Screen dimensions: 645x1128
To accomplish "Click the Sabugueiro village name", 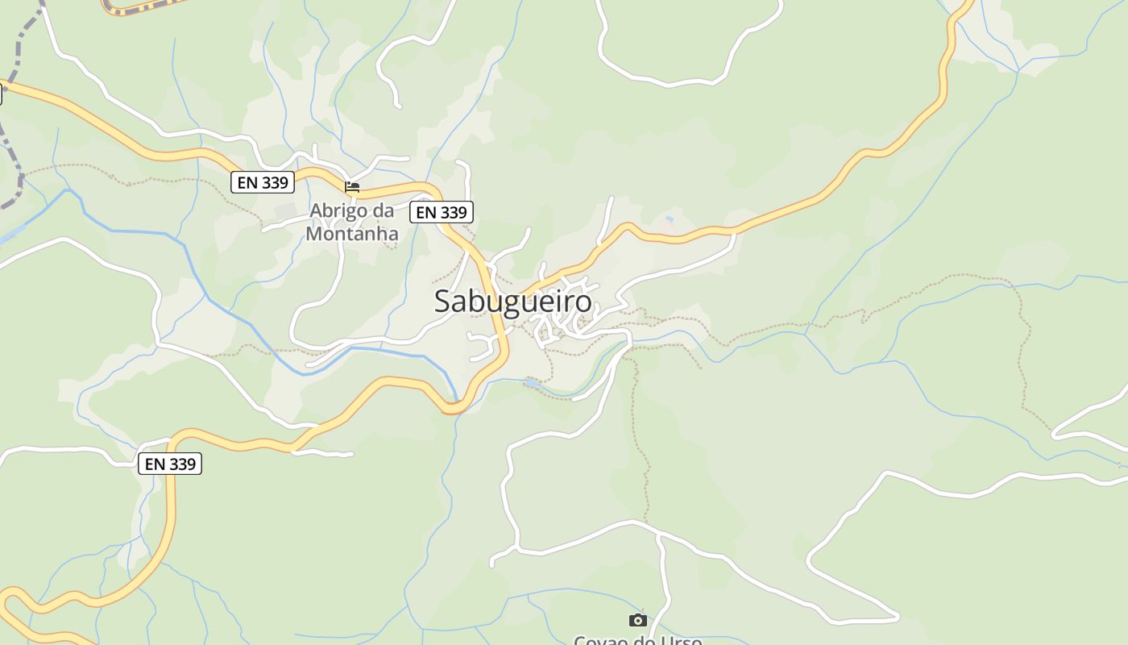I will [512, 302].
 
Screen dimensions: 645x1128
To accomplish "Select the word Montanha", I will [352, 233].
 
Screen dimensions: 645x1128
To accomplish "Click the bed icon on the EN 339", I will [352, 187].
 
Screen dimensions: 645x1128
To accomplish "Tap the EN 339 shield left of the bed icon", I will [263, 182].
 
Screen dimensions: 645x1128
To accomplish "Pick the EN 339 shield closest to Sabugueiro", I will [441, 212].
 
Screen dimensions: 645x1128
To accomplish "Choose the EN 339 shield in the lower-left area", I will [170, 464].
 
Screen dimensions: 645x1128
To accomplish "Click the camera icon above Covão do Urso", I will [637, 620].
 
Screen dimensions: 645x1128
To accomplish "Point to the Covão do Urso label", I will [637, 640].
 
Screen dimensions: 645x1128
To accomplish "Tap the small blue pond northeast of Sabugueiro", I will [669, 219].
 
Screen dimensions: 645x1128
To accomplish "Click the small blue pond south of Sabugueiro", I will [532, 382].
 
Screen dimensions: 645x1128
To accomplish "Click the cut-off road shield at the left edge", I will [1, 94].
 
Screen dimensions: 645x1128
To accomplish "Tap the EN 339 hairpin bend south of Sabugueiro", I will [454, 410].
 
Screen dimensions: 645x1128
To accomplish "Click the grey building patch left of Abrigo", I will [284, 212].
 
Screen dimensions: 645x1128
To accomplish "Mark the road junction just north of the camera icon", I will [659, 535].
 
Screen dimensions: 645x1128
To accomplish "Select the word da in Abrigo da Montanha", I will [384, 210].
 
